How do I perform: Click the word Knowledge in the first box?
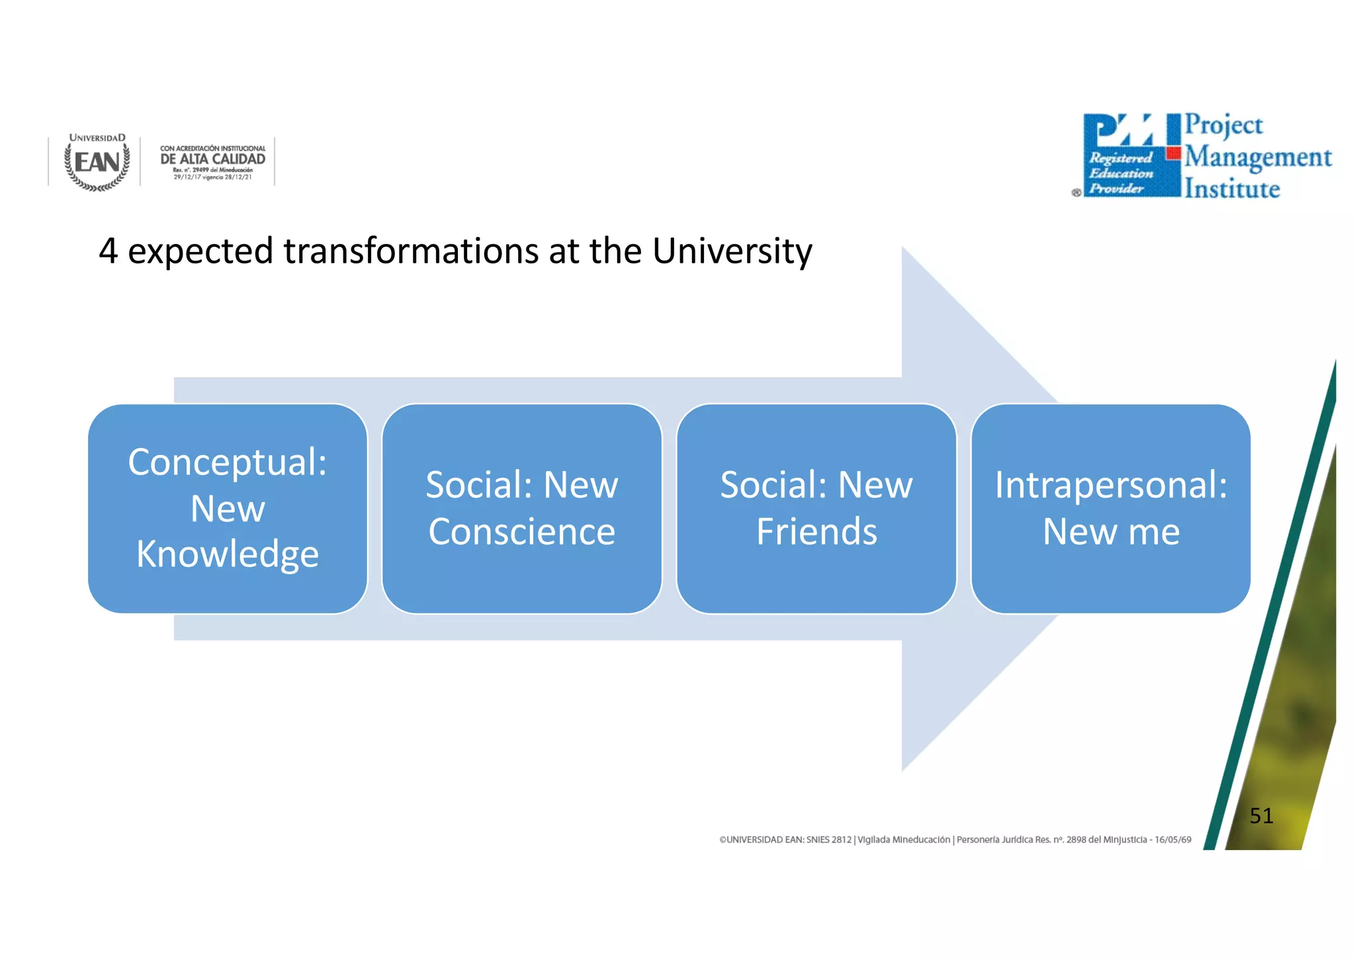pyautogui.click(x=228, y=554)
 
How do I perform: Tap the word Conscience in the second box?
pyautogui.click(x=522, y=532)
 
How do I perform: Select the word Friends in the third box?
pyautogui.click(x=816, y=532)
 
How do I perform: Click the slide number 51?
pyautogui.click(x=1261, y=816)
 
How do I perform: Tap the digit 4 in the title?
pyautogui.click(x=109, y=251)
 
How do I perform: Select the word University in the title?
pyautogui.click(x=732, y=251)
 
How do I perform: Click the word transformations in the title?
pyautogui.click(x=411, y=251)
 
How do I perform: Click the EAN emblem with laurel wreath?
pyautogui.click(x=97, y=163)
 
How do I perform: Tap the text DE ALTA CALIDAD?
pyautogui.click(x=212, y=159)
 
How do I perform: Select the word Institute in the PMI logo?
pyautogui.click(x=1232, y=189)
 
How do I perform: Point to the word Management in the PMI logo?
pyautogui.click(x=1258, y=157)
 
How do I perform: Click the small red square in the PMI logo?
pyautogui.click(x=1174, y=153)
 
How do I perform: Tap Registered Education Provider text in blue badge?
pyautogui.click(x=1121, y=173)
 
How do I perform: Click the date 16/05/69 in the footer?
pyautogui.click(x=1173, y=840)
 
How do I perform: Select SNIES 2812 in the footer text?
pyautogui.click(x=828, y=840)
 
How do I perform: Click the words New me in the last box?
pyautogui.click(x=1111, y=532)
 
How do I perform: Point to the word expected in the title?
pyautogui.click(x=200, y=251)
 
